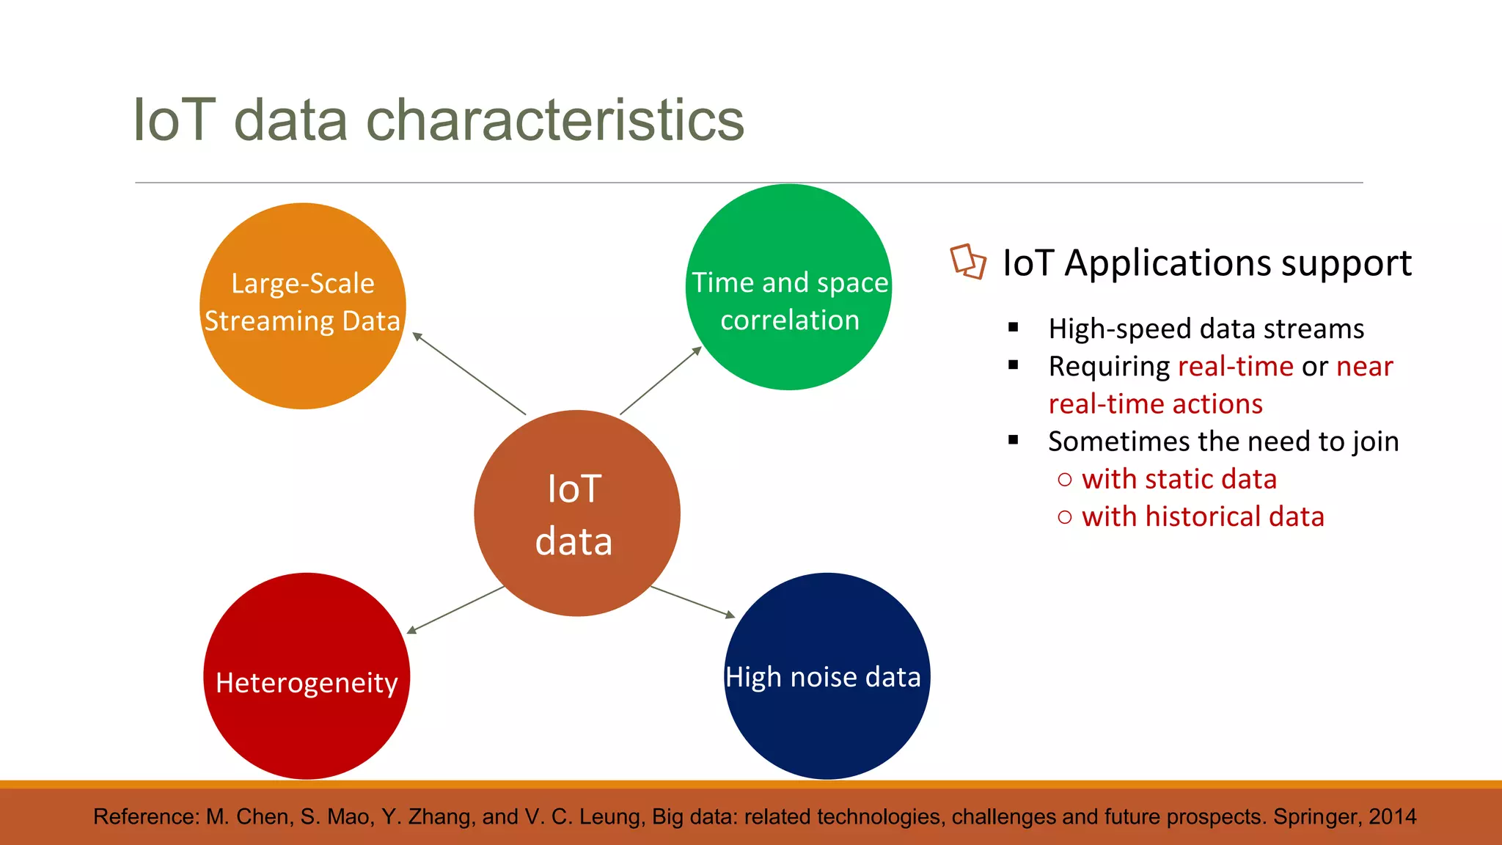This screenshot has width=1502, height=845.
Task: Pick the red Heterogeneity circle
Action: click(307, 726)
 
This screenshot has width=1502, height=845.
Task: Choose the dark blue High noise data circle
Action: click(827, 726)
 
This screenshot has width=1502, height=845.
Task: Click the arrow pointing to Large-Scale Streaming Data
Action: click(469, 373)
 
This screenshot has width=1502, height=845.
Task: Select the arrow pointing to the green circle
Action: click(661, 381)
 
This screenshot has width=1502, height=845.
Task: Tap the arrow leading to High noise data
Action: click(692, 601)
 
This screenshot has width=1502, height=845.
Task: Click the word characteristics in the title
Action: click(554, 120)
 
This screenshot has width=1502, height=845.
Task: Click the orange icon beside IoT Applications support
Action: click(967, 262)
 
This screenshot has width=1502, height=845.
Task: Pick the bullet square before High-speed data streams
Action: click(1014, 328)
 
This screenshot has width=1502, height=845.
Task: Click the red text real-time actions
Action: click(1155, 404)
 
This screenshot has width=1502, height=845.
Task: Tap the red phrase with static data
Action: click(1179, 479)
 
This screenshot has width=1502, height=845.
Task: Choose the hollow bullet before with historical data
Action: click(1065, 517)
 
